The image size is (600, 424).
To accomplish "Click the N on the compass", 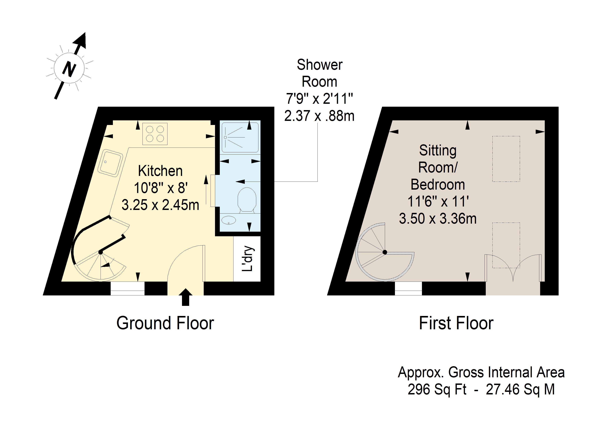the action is (x=69, y=69).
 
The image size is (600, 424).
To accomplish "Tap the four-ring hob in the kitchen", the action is (x=155, y=134).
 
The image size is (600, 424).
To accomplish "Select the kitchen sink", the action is (x=110, y=163).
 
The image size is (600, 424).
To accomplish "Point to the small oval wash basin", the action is (x=229, y=220).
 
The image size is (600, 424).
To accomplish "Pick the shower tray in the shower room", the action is (x=240, y=137).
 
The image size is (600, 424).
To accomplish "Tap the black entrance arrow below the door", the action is (x=186, y=297).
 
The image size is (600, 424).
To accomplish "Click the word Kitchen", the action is (x=160, y=171).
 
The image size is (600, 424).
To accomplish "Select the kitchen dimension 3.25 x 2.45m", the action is (x=160, y=205).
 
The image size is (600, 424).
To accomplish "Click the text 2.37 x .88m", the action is (x=319, y=116).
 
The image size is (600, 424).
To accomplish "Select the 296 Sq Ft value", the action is (x=437, y=389).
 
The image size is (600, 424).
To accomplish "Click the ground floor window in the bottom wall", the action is (x=128, y=288).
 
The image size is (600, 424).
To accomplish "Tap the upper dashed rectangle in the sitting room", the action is (x=506, y=159).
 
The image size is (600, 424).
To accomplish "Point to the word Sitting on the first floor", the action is (x=438, y=151).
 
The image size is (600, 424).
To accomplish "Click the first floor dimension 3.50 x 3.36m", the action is (x=438, y=219).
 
